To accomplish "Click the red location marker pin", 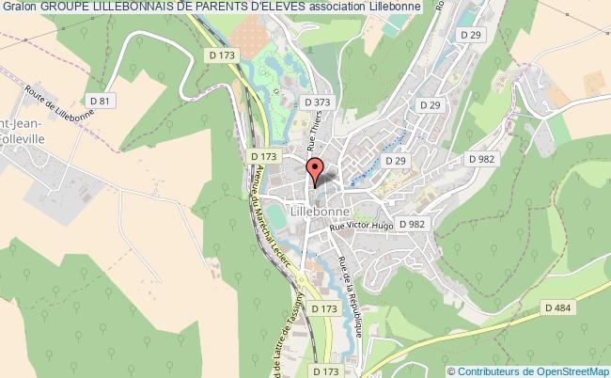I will click(315, 170).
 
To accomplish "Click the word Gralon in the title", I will click(20, 8).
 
